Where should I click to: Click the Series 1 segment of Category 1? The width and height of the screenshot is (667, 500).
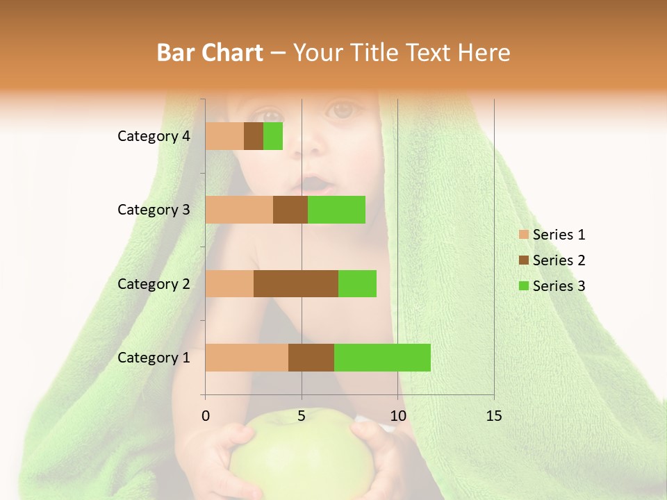click(247, 358)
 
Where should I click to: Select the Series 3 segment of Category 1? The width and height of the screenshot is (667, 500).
click(382, 358)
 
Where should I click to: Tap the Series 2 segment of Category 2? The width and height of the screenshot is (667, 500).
click(296, 283)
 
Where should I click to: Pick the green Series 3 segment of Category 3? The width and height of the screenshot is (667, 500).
click(336, 210)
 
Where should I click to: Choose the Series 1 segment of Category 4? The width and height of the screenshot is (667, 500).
click(224, 136)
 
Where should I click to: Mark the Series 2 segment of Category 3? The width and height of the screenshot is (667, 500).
click(290, 210)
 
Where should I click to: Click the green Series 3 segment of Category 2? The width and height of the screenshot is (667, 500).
click(357, 283)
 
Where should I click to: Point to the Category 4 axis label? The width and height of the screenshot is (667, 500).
click(154, 136)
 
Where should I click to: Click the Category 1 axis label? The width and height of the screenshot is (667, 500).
click(154, 358)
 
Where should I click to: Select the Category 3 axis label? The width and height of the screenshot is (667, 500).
click(154, 210)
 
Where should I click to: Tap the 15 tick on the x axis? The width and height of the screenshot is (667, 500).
click(493, 416)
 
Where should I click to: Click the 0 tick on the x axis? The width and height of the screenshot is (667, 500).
click(206, 416)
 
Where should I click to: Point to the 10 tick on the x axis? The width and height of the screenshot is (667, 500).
click(397, 416)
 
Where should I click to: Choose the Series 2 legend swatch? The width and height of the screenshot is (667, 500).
click(523, 260)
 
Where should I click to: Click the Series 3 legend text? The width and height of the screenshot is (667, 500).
click(559, 286)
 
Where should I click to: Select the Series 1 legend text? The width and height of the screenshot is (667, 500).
click(559, 235)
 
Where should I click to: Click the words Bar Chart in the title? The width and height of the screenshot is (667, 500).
click(210, 53)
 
